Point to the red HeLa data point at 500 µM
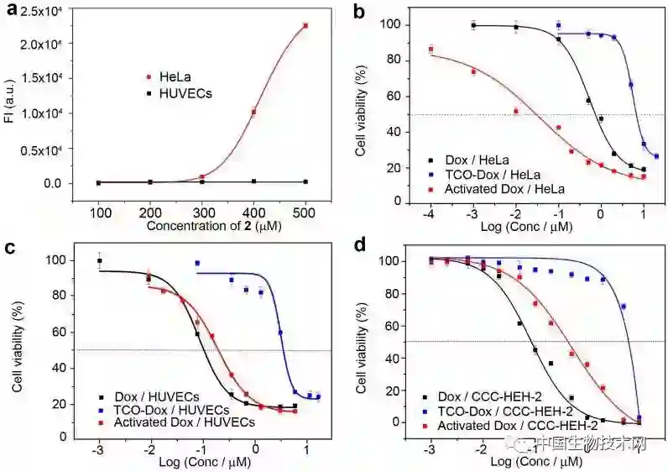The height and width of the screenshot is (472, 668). coord(305,26)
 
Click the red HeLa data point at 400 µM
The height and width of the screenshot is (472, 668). coord(253,112)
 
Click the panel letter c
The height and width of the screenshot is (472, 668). coord(11,249)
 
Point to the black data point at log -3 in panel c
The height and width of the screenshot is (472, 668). coord(100,261)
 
